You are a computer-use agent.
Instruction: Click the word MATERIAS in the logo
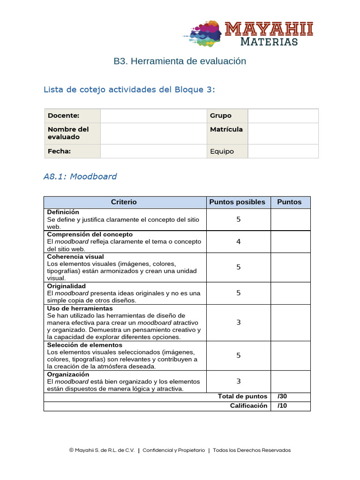pyautogui.click(x=269, y=42)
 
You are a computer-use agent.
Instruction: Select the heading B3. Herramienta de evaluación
pyautogui.click(x=180, y=61)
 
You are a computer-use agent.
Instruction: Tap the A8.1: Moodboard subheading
pyautogui.click(x=80, y=176)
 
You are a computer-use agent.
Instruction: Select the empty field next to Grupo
pyautogui.click(x=283, y=116)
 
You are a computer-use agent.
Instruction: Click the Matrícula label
pyautogui.click(x=226, y=129)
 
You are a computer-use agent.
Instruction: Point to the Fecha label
pyautogui.click(x=59, y=151)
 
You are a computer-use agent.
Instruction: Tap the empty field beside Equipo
pyautogui.click(x=283, y=151)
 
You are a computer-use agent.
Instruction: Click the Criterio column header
pyautogui.click(x=124, y=202)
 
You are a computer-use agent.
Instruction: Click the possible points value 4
pyautogui.click(x=238, y=242)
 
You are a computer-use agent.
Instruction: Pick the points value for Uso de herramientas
pyautogui.click(x=238, y=322)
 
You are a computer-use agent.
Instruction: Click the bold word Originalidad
pyautogui.click(x=67, y=286)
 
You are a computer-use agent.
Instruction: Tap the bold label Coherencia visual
pyautogui.click(x=75, y=257)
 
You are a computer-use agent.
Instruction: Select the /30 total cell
pyautogui.click(x=290, y=397)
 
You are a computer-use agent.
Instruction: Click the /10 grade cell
pyautogui.click(x=290, y=406)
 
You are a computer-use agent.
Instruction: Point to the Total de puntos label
pyautogui.click(x=242, y=397)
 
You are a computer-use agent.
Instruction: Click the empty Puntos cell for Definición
pyautogui.click(x=290, y=219)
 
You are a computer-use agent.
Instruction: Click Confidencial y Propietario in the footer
pyautogui.click(x=173, y=450)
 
